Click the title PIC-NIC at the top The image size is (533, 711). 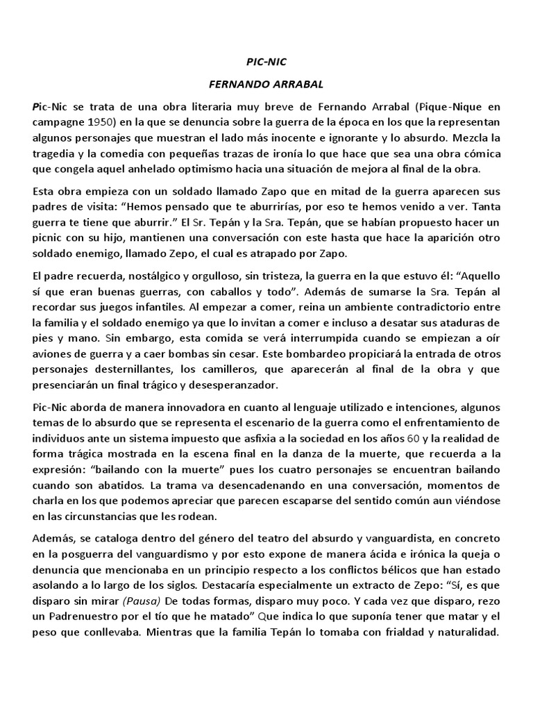tap(266, 62)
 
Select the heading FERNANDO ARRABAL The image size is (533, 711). tap(266, 84)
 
